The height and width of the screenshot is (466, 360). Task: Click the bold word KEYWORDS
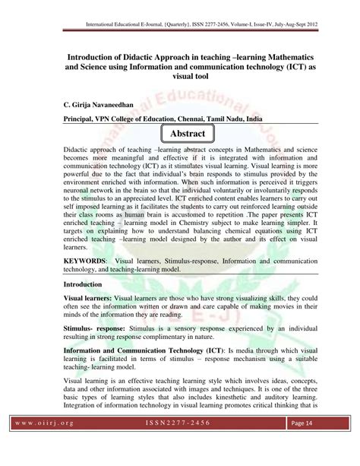(85, 260)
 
